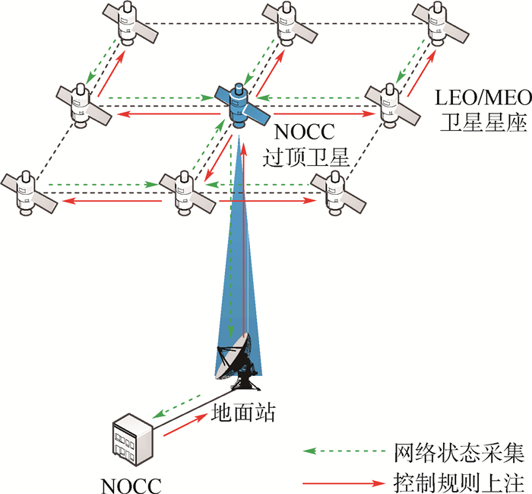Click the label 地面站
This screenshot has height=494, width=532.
(x=242, y=414)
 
